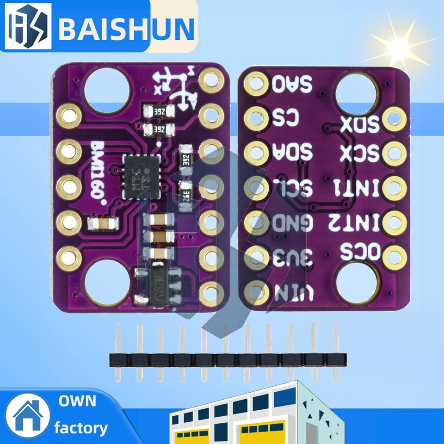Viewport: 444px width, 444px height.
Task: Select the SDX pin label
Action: point(359,124)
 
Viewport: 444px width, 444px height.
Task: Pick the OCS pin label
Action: point(359,252)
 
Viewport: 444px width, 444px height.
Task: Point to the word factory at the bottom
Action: point(81,428)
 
